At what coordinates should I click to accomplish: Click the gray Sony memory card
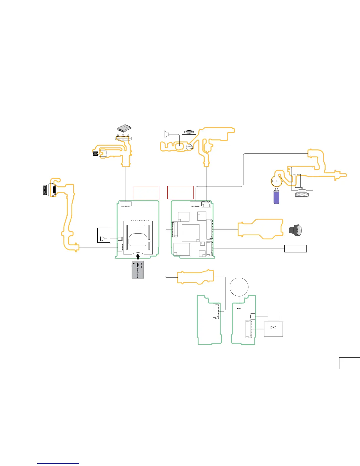(138, 270)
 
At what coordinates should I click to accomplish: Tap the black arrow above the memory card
(138, 257)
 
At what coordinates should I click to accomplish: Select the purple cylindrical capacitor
(276, 197)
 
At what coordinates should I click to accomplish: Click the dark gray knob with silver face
(296, 230)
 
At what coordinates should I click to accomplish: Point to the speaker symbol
(166, 134)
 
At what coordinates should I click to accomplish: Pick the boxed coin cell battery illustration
(189, 130)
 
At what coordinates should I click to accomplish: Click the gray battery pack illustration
(124, 128)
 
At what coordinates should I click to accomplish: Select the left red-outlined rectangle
(146, 192)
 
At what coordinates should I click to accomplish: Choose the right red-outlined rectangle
(180, 192)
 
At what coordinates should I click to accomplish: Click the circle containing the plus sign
(276, 181)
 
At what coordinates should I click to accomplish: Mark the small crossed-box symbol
(273, 328)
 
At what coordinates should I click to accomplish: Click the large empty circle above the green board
(239, 287)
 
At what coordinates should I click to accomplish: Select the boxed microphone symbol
(104, 235)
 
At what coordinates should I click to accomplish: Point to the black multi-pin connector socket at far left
(44, 190)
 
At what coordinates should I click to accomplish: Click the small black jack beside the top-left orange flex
(95, 153)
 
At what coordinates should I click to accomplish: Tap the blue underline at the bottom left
(58, 463)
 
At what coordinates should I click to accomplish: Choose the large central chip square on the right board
(191, 233)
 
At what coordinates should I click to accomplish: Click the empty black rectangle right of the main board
(295, 249)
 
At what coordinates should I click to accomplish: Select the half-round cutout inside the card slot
(138, 239)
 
